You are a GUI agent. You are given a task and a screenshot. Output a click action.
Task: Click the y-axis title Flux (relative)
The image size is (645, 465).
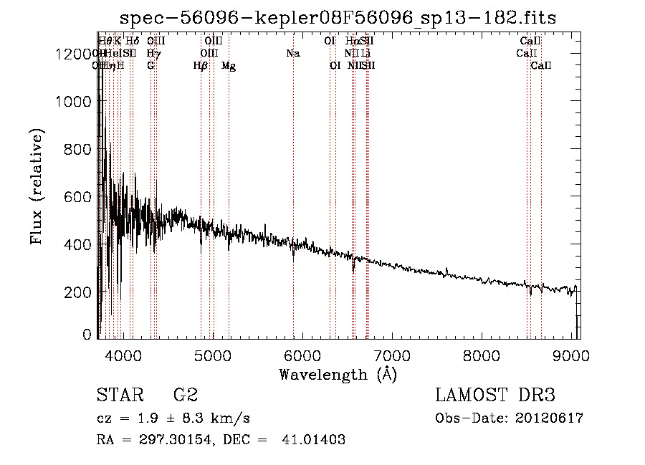point(37,187)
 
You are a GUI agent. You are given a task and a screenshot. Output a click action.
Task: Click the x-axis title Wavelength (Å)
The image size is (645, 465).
point(338,374)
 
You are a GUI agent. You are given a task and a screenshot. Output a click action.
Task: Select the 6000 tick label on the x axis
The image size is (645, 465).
point(302,355)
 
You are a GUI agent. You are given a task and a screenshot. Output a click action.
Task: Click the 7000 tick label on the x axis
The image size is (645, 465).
point(391,355)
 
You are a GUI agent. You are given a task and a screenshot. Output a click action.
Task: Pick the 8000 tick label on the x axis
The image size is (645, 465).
point(481,355)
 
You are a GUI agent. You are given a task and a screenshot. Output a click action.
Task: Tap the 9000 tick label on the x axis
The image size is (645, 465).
point(570,355)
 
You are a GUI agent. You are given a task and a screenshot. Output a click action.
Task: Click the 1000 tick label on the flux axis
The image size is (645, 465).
point(75,102)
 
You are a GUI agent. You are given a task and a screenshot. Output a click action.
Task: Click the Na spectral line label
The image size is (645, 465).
point(292,54)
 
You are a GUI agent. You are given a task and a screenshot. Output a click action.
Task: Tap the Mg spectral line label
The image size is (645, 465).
point(229,66)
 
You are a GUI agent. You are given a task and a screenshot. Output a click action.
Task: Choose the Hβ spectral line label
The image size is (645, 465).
point(201,66)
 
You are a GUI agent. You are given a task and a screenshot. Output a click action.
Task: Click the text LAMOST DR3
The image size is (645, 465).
point(495,396)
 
